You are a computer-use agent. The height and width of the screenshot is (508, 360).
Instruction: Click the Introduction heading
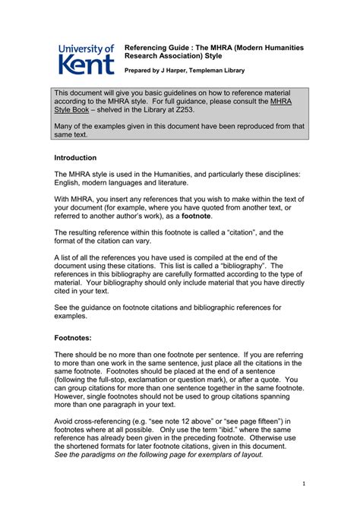(x=75, y=158)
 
